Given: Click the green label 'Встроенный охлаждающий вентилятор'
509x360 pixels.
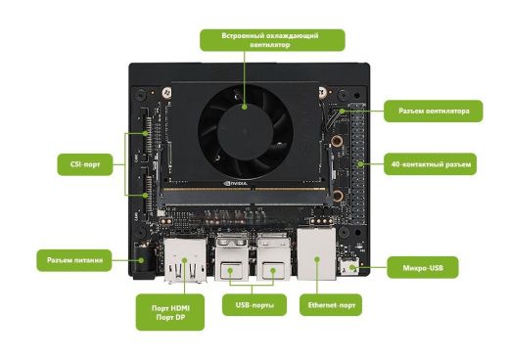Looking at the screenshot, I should coord(273,40).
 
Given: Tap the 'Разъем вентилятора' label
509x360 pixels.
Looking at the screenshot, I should coord(432,112).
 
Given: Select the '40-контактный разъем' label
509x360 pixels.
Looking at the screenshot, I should coord(432,165).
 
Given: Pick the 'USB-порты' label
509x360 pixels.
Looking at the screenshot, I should coord(254,306).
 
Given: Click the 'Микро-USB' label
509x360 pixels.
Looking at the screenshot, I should coord(431,266).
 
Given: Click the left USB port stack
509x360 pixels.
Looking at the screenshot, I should coord(234,257).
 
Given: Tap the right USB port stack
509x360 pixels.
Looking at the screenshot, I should coord(271,257).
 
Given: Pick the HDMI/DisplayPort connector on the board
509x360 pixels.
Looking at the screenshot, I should coord(183,259).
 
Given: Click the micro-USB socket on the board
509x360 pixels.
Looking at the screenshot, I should coord(350,267).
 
